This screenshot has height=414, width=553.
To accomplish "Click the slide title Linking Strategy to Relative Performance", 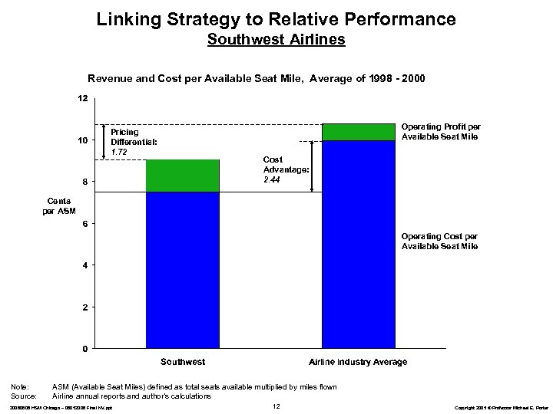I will [276, 18].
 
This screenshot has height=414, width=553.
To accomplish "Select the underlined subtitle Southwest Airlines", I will [276, 38].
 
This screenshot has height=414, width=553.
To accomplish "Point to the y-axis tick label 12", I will [82, 98].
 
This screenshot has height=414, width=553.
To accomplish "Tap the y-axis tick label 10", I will [82, 140].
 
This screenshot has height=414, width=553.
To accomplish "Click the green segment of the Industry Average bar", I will [358, 132].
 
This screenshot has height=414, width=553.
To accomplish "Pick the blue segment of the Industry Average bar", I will [358, 245].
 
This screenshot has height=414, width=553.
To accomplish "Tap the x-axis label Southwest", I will [182, 361].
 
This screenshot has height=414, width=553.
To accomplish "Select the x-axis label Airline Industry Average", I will [358, 361].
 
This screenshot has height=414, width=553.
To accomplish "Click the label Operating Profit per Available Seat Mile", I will [439, 131].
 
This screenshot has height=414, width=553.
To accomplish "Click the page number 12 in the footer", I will [276, 405].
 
